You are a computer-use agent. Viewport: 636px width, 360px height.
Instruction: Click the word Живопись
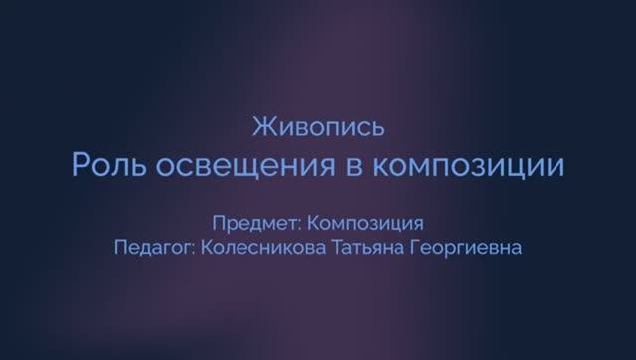319,127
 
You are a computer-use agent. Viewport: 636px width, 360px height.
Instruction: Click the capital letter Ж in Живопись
262,127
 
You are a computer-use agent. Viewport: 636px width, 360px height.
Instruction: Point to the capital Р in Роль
79,164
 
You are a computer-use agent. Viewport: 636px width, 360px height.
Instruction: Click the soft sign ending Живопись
377,128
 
